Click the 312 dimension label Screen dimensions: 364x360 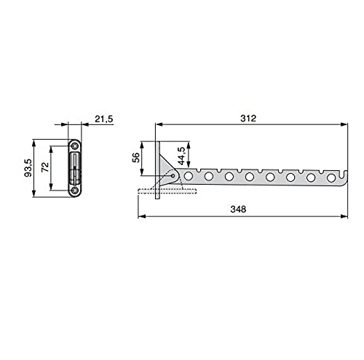tap(248, 119)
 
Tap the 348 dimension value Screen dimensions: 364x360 tap(238, 209)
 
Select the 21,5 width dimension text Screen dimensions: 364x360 tap(104, 119)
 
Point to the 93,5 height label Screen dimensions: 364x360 tap(28, 168)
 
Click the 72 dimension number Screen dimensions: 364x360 tap(45, 167)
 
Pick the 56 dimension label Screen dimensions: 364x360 tap(136, 158)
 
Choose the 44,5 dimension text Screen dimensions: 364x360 tap(181, 156)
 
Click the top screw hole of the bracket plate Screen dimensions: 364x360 tap(75, 146)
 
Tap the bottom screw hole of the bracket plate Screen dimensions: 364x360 tap(75, 191)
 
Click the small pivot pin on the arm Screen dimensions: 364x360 tap(173, 176)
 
